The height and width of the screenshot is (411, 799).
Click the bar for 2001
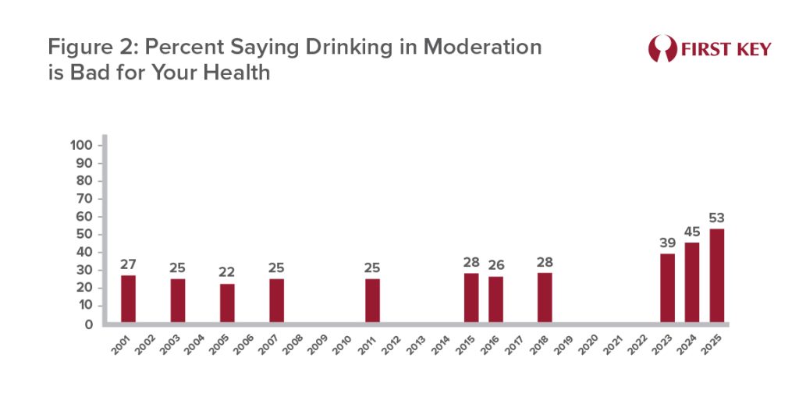coord(128,299)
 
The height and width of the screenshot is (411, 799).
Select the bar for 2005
coord(227,303)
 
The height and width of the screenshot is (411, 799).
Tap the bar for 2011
coord(373,300)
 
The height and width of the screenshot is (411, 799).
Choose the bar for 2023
coord(667,288)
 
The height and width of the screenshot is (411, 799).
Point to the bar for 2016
coord(496,299)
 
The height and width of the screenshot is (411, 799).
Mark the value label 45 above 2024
coord(692,231)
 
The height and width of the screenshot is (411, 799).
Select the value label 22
coord(227,271)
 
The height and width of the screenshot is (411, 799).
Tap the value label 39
coord(667,242)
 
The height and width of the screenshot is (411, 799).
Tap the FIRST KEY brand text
coord(725,49)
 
